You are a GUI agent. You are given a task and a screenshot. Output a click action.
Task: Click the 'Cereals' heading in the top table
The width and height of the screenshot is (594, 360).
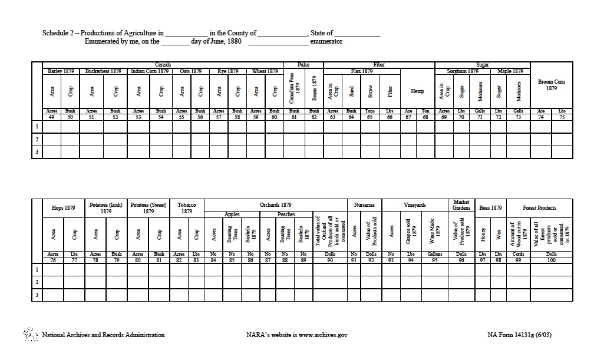coord(163,65)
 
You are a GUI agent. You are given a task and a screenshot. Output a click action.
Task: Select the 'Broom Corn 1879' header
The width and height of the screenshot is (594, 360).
coord(551,85)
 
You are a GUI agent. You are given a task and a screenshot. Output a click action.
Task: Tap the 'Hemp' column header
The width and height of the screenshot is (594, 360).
coord(417,91)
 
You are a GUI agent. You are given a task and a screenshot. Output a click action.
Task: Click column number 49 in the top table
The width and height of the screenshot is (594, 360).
coord(52,117)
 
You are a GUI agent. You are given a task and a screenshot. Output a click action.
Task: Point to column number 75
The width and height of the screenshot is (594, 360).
coord(562,117)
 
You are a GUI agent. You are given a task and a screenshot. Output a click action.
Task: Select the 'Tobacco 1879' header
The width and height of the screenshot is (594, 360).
coord(186,207)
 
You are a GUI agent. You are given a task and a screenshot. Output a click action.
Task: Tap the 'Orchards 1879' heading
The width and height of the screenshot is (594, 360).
coord(276,205)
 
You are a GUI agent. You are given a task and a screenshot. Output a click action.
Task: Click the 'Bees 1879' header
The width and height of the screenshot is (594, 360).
coord(490,208)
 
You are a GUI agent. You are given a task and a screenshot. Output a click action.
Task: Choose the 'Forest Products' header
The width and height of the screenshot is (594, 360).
coord(539,208)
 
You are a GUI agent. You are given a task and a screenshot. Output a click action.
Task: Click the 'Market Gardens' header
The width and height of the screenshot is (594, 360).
coord(461,205)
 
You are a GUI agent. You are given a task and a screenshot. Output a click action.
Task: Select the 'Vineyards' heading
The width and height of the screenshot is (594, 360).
coord(415,205)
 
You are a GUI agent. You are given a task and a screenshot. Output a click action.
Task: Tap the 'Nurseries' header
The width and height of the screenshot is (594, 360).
coord(364,205)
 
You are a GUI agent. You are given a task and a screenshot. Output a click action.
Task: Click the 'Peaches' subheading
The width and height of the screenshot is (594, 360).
coord(286,214)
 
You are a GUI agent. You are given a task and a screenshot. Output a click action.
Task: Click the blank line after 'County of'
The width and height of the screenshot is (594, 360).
coord(282,34)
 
